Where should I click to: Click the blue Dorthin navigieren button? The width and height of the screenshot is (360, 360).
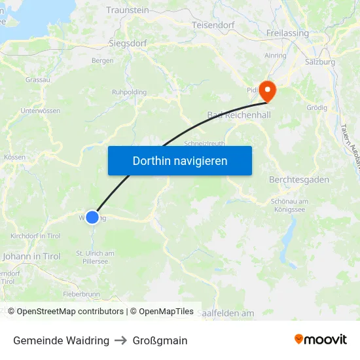(179, 160)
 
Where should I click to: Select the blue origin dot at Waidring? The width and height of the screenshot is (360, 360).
(92, 217)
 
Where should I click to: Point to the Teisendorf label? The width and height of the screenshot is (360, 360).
(213, 24)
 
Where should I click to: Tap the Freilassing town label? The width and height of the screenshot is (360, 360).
(287, 33)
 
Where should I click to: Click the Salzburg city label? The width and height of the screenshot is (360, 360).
(320, 62)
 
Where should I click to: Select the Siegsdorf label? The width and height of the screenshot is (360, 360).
(126, 43)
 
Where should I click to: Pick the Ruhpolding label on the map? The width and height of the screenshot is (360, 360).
(129, 92)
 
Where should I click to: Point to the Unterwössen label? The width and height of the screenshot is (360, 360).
(41, 111)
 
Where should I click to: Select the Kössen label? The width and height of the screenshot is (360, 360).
(14, 157)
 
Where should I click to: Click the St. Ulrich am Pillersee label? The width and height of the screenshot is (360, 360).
(95, 257)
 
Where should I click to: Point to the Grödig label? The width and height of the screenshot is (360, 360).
(317, 108)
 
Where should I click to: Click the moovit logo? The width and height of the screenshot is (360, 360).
(321, 340)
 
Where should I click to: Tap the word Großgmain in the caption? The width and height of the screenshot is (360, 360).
(160, 340)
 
